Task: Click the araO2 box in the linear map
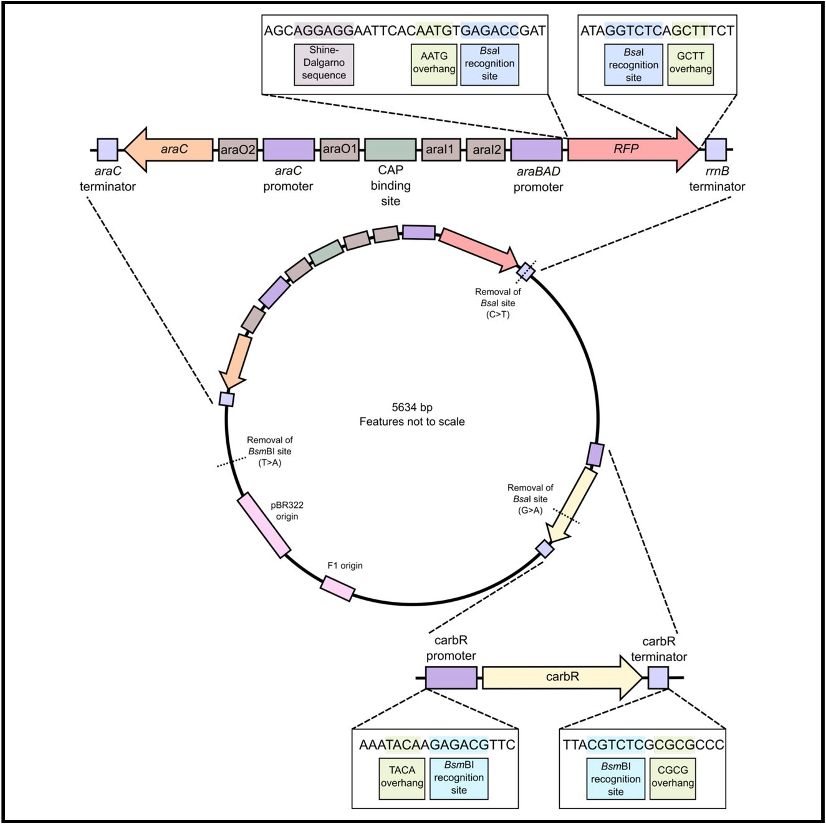238,149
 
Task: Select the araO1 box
340,149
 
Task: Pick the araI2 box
486,149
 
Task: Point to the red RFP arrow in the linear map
628,149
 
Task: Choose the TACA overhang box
402,778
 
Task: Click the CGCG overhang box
672,778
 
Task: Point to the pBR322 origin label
287,510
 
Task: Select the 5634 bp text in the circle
412,407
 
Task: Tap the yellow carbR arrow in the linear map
560,677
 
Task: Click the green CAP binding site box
390,149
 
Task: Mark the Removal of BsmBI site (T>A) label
270,451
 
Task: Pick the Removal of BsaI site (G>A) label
530,499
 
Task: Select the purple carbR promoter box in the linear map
451,677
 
